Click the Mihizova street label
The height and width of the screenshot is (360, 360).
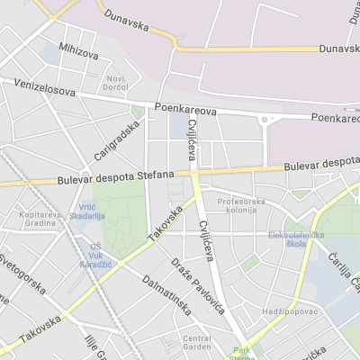78,53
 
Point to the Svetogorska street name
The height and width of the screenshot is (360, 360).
22,275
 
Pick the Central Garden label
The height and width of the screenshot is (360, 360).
196,343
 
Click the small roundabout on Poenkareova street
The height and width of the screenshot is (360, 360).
265,120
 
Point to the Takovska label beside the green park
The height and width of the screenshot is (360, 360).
165,222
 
